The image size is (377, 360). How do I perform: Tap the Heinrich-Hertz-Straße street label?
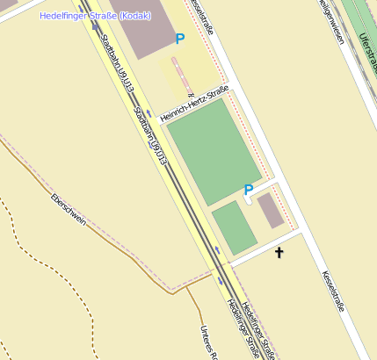pyautogui.click(x=194, y=104)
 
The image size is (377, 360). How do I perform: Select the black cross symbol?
pyautogui.click(x=280, y=254)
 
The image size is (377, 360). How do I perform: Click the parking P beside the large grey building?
pyautogui.click(x=180, y=39)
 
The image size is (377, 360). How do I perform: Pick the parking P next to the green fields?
pyautogui.click(x=248, y=190)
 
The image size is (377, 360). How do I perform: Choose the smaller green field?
pyautogui.click(x=234, y=226)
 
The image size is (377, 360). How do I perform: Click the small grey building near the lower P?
pyautogui.click(x=270, y=210)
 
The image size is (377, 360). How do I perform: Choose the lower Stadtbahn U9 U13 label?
pyautogui.click(x=150, y=134)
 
